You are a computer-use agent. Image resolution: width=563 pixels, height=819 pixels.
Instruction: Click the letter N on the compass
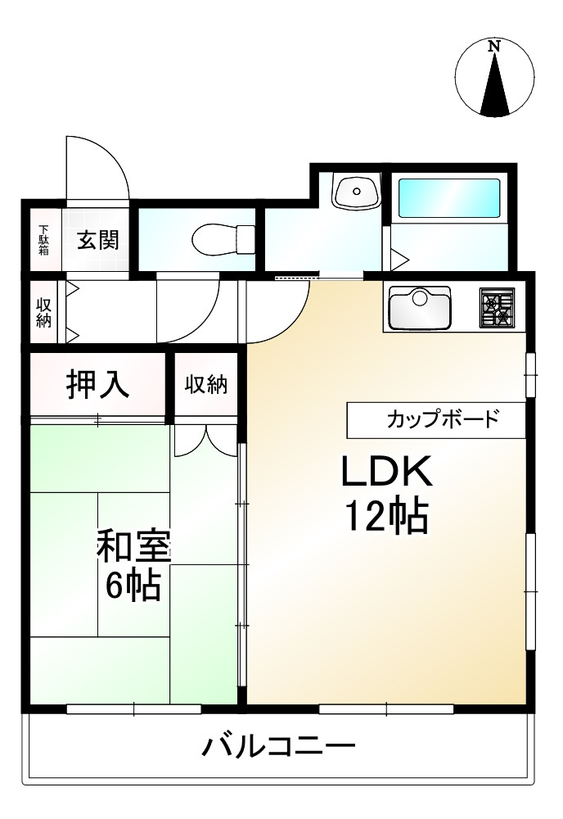493,47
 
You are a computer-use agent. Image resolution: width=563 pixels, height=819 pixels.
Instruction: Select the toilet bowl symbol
217,241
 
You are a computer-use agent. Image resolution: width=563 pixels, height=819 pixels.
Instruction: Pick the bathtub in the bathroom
448,197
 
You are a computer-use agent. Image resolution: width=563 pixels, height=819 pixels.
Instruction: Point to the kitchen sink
420,306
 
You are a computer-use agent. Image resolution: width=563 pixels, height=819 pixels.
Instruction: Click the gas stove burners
497,307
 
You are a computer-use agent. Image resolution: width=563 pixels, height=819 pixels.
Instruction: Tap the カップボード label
442,421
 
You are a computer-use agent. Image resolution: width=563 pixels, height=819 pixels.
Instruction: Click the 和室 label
133,546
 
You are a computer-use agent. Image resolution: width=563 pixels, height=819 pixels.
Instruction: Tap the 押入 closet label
97,384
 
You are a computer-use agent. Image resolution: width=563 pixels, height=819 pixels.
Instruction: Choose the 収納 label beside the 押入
205,384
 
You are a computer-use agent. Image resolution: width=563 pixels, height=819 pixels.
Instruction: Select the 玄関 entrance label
98,240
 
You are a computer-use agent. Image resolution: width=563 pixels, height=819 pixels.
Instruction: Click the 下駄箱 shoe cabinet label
43,239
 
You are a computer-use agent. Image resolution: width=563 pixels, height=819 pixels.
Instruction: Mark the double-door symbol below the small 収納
205,439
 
